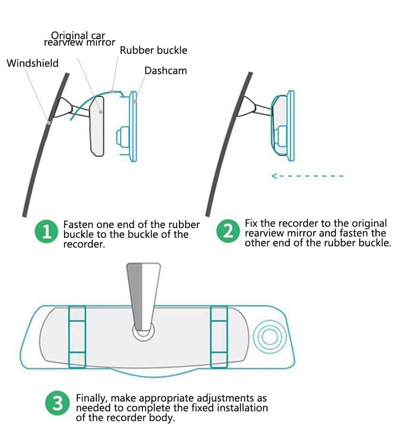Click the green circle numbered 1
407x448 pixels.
pos(46,233)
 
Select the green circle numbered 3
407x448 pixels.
pos(58,404)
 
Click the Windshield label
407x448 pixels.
pos(33,64)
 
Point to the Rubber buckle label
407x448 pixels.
pos(153,50)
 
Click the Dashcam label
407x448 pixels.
pos(165,71)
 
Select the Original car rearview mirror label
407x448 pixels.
pos(79,39)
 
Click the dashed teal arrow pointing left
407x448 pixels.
pos(307,176)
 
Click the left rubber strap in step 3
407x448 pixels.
pos(77,336)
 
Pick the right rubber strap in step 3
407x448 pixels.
pos(218,336)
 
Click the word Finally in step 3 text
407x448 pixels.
pos(92,399)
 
